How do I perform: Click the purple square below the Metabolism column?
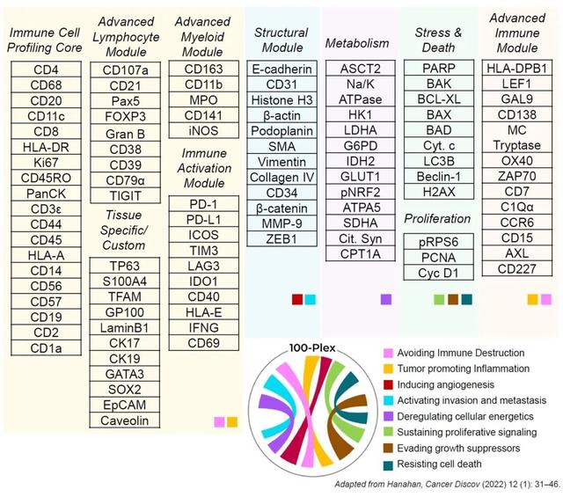pyautogui.click(x=385, y=299)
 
